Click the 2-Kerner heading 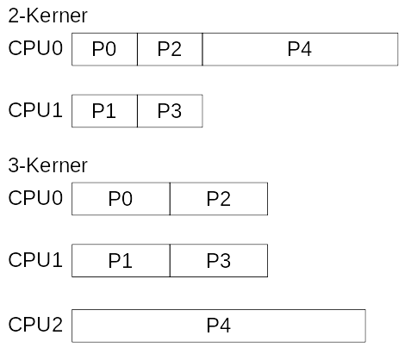[47, 16]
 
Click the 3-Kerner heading [47, 164]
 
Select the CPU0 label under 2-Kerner [35, 49]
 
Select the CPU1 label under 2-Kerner [35, 110]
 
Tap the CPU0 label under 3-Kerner [35, 198]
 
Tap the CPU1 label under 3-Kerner [35, 259]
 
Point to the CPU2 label [35, 325]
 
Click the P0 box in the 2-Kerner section [104, 50]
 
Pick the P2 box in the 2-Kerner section [170, 50]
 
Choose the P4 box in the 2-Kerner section [300, 50]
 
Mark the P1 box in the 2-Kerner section [104, 111]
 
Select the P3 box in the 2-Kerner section [170, 111]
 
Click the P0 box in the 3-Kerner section [121, 199]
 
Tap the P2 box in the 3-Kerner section [219, 199]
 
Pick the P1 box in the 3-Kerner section [121, 260]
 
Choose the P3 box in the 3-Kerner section [219, 260]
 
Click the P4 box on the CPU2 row [219, 326]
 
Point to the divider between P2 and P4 [202, 50]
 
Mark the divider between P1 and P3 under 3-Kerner [170, 260]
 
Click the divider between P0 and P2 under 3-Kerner [170, 199]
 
